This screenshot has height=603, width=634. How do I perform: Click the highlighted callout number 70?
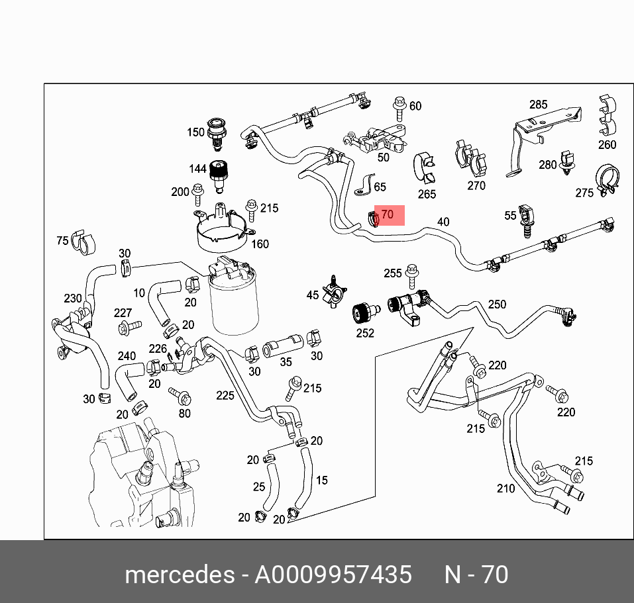[388, 215]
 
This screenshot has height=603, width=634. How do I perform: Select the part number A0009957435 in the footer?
[333, 574]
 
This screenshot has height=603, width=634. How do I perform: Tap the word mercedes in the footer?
[179, 574]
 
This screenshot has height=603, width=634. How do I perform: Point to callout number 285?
[538, 105]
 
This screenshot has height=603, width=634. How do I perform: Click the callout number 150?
[195, 132]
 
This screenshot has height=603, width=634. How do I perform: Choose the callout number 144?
[198, 169]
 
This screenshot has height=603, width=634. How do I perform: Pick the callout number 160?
[260, 244]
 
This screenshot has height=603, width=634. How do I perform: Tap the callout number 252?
[365, 334]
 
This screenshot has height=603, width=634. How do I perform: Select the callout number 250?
[497, 304]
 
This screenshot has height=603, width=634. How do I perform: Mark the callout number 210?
[505, 488]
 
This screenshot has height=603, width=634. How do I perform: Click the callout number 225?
[225, 396]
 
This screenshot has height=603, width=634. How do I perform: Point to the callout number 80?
[184, 414]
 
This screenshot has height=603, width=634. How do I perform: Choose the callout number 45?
[312, 295]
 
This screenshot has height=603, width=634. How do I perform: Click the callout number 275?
[584, 193]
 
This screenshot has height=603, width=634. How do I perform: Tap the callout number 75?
[62, 240]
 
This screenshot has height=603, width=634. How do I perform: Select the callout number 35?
[286, 362]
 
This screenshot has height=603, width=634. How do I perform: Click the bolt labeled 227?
[129, 326]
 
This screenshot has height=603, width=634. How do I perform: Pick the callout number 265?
[427, 194]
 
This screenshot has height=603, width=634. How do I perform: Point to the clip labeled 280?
[566, 163]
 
